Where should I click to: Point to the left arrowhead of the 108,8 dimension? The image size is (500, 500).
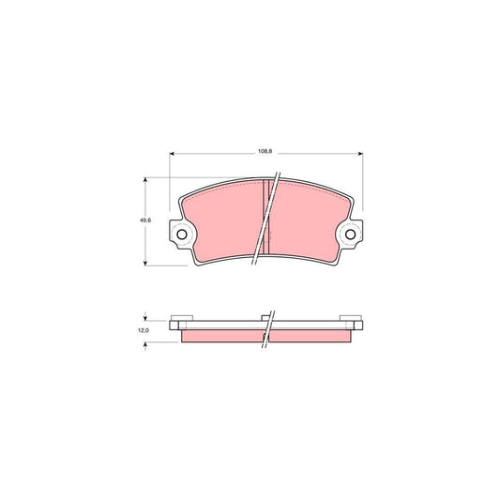(x=173, y=155)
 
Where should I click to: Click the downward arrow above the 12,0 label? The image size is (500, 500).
(x=145, y=318)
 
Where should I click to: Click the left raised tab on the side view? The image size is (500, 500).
(x=182, y=316)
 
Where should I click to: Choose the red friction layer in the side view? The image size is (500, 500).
(x=225, y=335)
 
